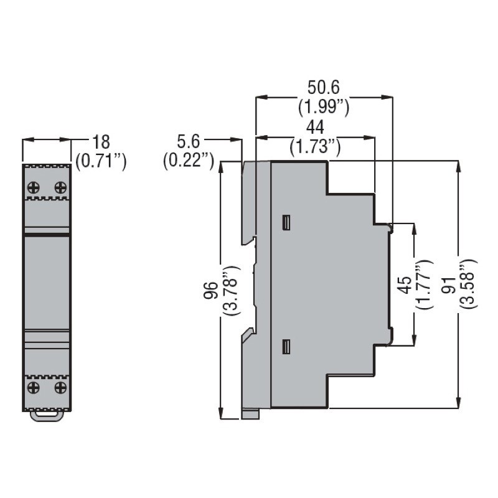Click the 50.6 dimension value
[323, 87]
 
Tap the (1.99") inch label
[324, 107]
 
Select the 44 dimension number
[315, 128]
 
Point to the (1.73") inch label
[315, 147]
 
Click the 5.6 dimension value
[189, 142]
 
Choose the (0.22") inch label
[189, 161]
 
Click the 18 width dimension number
[101, 142]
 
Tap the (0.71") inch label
[101, 161]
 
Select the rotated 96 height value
[211, 290]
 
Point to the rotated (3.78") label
[231, 290]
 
